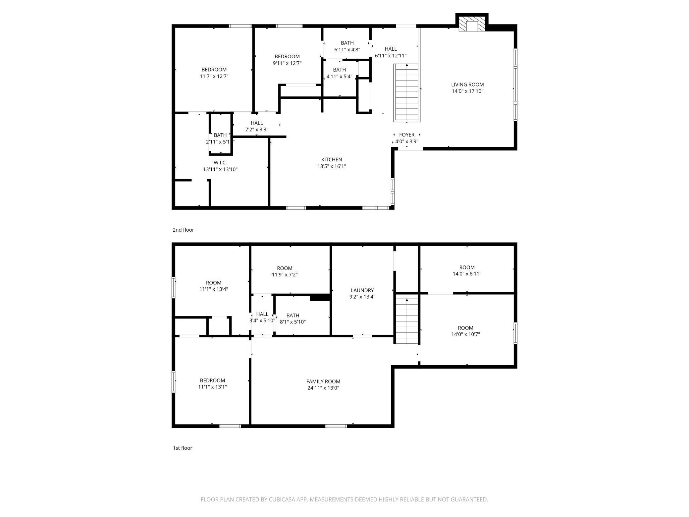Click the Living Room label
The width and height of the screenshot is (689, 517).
[467, 85]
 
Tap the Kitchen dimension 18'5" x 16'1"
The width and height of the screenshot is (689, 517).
[332, 166]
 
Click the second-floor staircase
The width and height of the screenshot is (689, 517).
[406, 93]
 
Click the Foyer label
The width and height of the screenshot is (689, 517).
[407, 135]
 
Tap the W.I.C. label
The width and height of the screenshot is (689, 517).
[220, 163]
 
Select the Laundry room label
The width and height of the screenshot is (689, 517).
[362, 290]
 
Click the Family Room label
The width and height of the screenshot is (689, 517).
[323, 381]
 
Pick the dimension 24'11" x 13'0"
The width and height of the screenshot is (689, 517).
[323, 388]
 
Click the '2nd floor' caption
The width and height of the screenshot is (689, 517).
[183, 230]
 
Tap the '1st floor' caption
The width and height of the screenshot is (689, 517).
[183, 448]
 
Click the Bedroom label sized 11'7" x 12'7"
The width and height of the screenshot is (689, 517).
[214, 70]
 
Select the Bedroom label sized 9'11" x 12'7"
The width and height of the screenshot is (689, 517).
[287, 56]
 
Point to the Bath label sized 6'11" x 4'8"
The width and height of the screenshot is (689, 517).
[347, 43]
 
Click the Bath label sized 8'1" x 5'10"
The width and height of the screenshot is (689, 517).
[293, 316]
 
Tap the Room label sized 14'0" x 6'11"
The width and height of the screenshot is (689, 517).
[467, 267]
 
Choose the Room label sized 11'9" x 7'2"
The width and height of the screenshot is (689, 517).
[285, 268]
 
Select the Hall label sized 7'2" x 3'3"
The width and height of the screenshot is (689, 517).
[257, 123]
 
